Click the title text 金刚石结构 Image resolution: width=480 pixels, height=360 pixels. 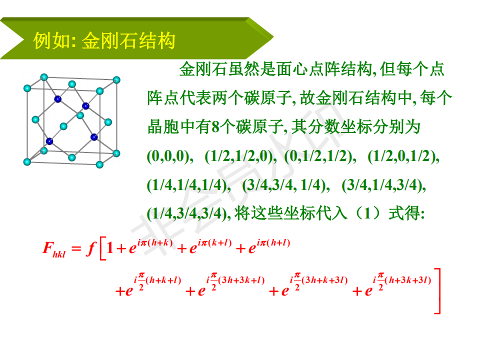(128, 40)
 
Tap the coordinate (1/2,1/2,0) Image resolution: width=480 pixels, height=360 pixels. (240, 156)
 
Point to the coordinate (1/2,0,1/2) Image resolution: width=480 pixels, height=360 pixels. (403, 156)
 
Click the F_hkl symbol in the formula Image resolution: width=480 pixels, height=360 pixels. (54, 249)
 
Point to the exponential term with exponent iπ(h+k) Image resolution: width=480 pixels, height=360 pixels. (150, 246)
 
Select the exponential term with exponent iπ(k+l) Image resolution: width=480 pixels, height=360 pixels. (210, 246)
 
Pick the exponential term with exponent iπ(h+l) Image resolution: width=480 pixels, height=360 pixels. (269, 246)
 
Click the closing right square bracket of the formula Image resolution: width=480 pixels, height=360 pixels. (438, 291)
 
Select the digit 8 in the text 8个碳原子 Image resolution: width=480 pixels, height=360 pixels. (215, 126)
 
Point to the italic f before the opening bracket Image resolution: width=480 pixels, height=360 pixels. (91, 248)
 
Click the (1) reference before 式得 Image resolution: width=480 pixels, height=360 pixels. (367, 213)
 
